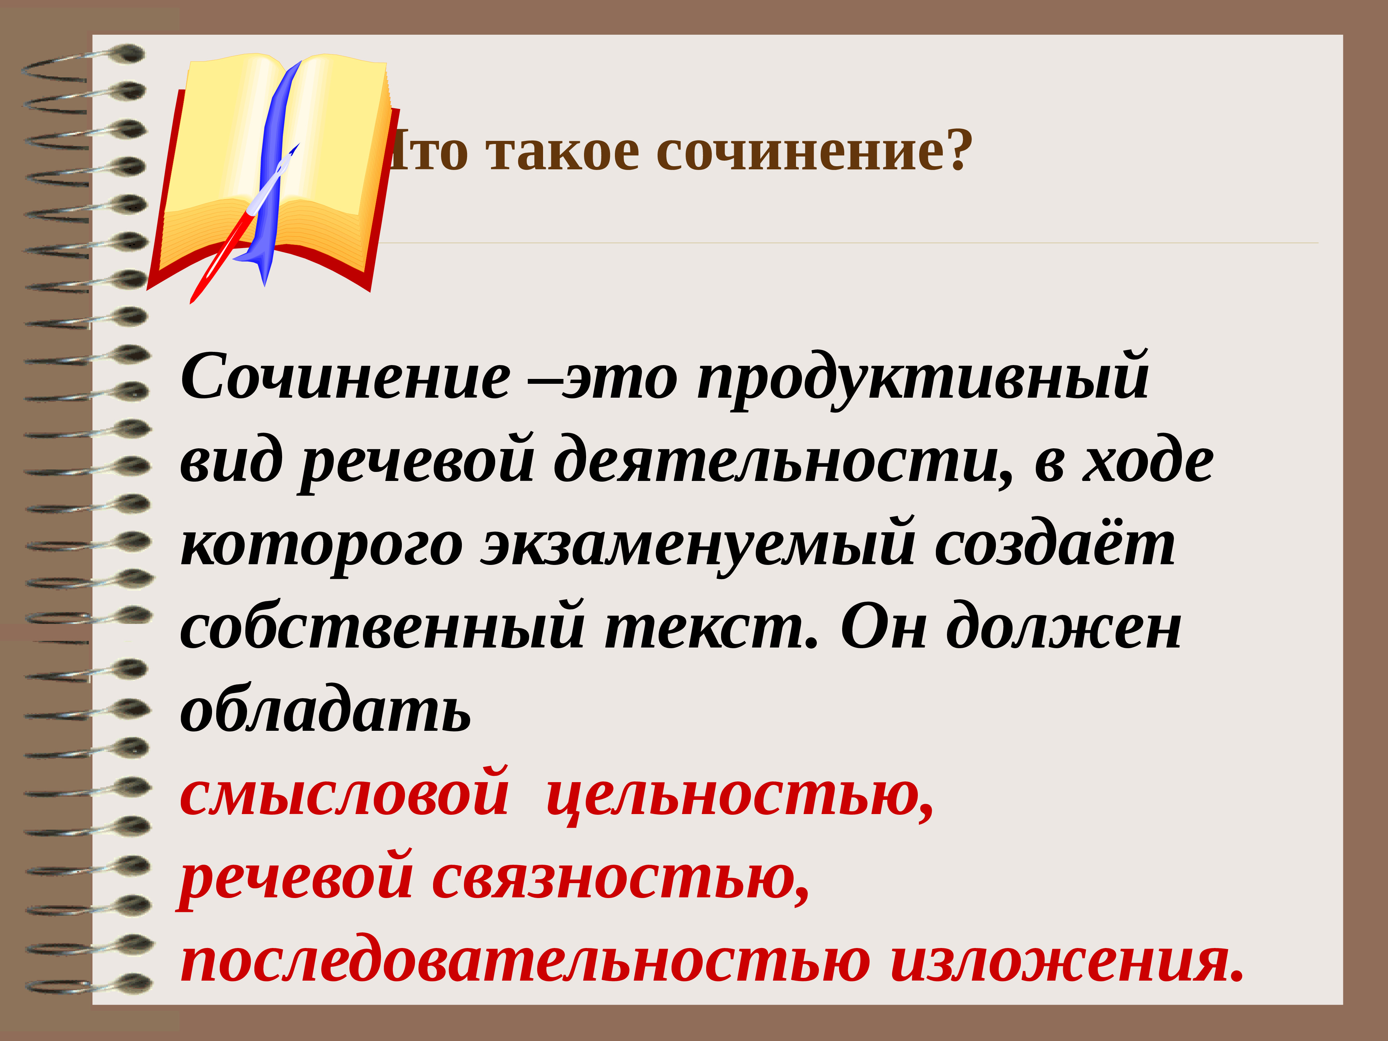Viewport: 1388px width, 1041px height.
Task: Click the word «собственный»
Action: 383,629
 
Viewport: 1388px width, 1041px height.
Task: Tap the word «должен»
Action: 1064,629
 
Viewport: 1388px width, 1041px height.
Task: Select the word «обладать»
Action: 325,712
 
